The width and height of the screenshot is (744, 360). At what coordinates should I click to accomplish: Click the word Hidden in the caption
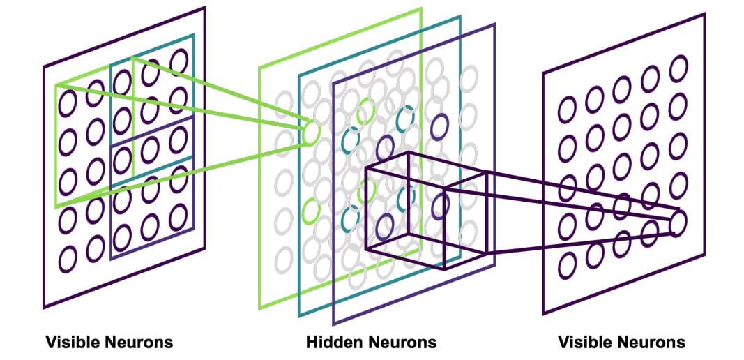click(331, 343)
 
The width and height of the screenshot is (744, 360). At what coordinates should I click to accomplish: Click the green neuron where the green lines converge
click(311, 131)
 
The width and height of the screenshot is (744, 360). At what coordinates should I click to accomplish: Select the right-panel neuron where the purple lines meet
click(678, 223)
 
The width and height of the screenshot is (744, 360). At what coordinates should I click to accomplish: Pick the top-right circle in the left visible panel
click(179, 60)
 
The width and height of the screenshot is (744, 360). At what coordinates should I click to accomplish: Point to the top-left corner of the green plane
click(259, 68)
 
